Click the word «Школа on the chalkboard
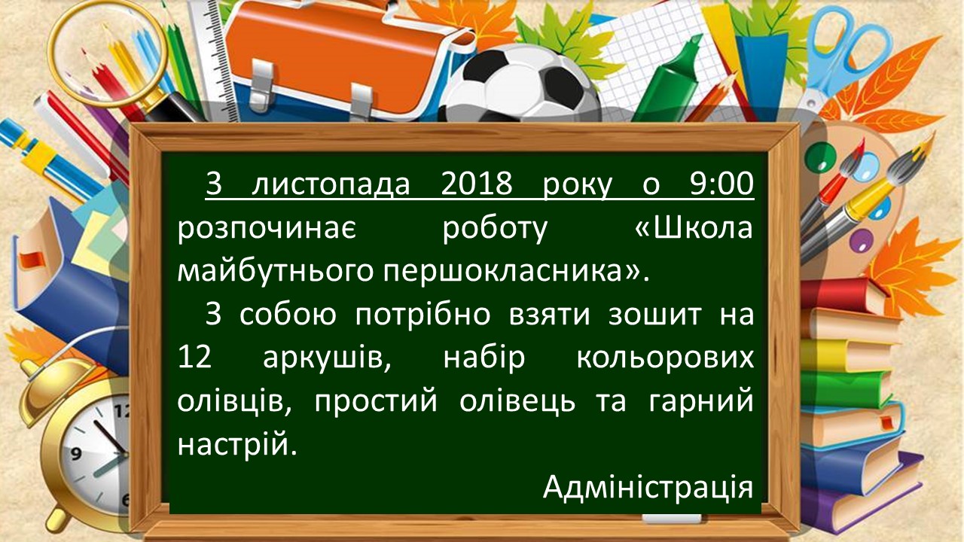694,227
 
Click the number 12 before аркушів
194,357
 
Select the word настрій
237,444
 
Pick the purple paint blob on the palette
862,241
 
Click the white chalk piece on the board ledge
671,519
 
